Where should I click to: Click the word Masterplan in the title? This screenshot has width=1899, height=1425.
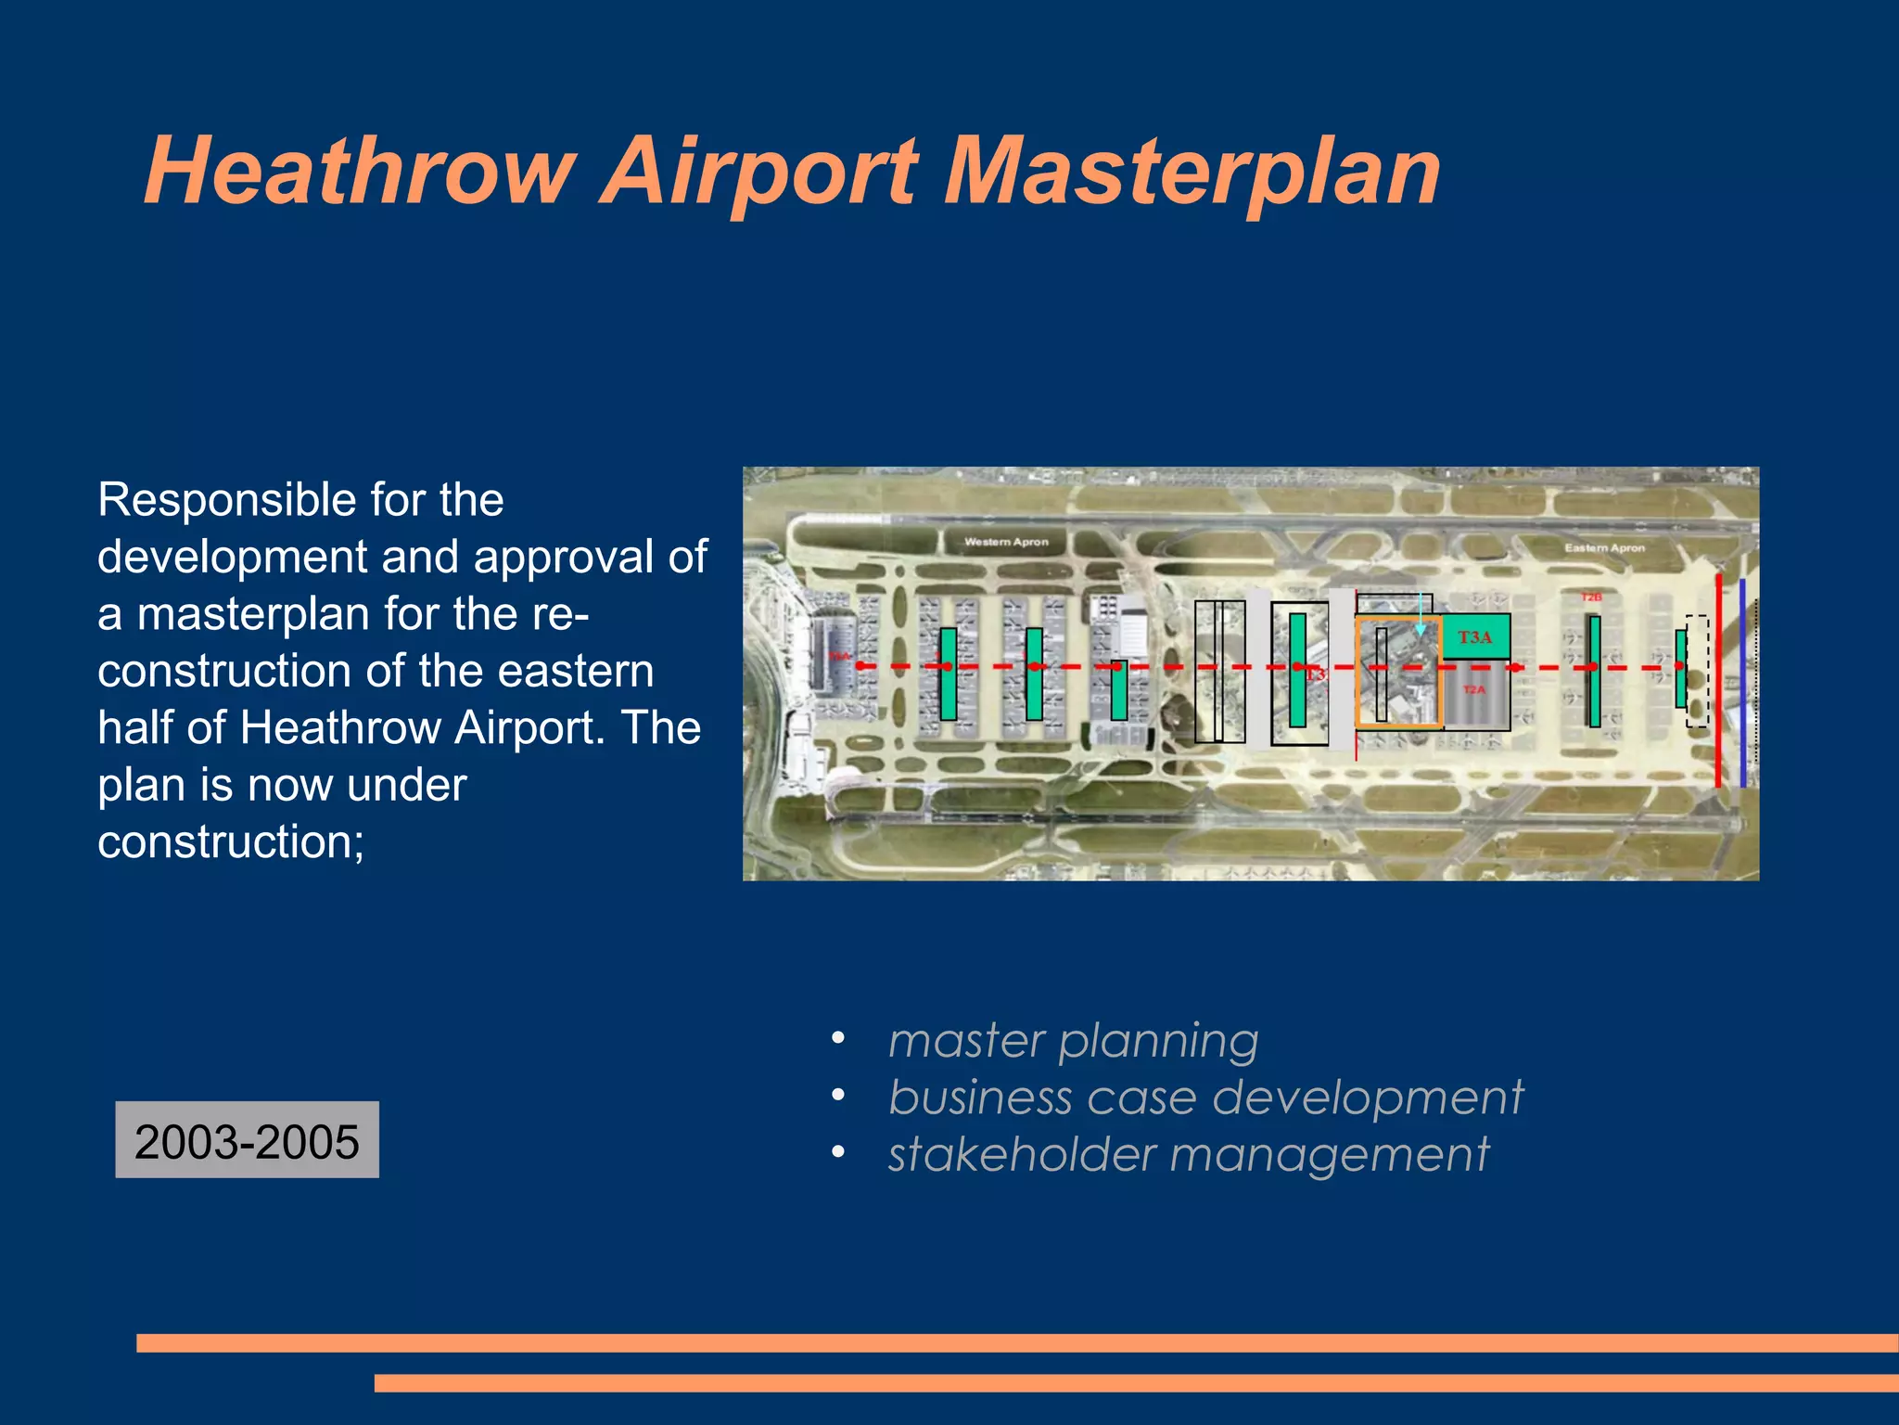pos(1191,173)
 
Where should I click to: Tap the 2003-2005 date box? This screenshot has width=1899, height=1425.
pos(247,1140)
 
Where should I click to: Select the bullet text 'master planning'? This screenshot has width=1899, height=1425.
pos(1073,1041)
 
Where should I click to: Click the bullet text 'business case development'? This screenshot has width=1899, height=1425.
pos(1205,1098)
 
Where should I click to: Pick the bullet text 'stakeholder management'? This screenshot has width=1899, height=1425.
pos(1188,1155)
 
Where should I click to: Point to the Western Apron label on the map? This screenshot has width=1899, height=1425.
pos(1006,542)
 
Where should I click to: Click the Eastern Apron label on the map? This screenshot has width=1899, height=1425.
pos(1604,548)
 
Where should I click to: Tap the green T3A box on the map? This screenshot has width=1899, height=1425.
pos(1476,637)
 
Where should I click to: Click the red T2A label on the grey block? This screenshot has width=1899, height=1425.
pos(1474,690)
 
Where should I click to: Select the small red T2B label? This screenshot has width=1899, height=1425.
pos(1590,597)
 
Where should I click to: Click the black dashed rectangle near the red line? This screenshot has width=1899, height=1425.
pos(1697,670)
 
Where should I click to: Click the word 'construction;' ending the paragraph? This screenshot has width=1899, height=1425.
pos(231,841)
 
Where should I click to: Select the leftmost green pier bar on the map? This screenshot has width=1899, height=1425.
pos(948,674)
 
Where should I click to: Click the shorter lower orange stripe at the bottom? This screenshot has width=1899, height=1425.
pos(1136,1383)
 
